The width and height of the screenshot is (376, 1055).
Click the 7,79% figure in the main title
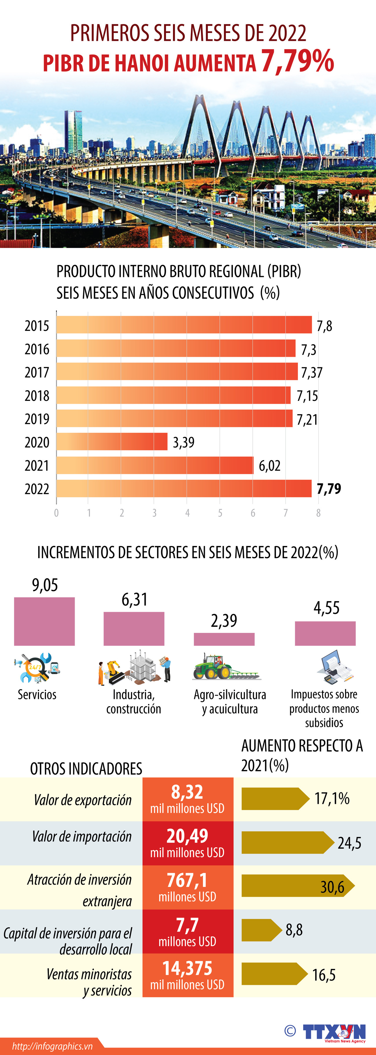(297, 61)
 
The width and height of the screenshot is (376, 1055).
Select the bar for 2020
(112, 441)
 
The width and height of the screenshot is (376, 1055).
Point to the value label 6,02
(270, 466)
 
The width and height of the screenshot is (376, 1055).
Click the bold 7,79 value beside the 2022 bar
(329, 489)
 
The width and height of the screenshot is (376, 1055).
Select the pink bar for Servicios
(44, 621)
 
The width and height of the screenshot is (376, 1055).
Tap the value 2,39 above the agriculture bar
(224, 620)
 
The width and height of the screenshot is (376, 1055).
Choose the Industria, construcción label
(134, 702)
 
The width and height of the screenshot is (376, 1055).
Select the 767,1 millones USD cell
(187, 887)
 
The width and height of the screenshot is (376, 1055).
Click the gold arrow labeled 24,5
(287, 842)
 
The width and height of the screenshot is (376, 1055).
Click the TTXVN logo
(333, 1032)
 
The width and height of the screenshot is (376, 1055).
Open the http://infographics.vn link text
(52, 1046)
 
